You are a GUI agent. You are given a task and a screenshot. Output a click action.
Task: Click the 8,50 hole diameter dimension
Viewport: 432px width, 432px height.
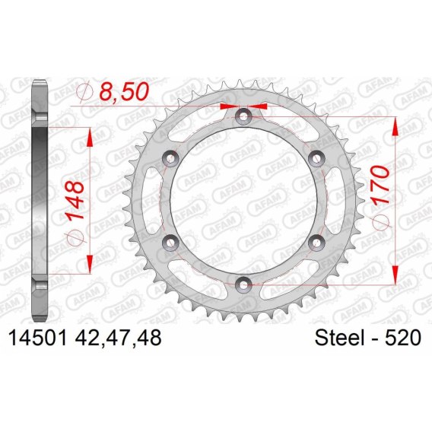tap(123, 91)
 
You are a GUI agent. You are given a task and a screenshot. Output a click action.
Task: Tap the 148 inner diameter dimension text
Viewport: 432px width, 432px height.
tap(75, 200)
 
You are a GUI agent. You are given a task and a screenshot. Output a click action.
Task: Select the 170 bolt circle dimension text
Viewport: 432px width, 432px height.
tap(381, 184)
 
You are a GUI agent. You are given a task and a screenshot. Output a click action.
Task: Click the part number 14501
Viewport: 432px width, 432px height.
tap(38, 338)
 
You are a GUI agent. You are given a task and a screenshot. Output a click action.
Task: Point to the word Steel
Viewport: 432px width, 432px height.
tap(339, 338)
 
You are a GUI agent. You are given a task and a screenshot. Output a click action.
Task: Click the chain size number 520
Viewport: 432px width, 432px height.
tap(403, 338)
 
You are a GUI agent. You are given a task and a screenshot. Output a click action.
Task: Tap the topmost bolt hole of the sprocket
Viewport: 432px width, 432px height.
tap(243, 116)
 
